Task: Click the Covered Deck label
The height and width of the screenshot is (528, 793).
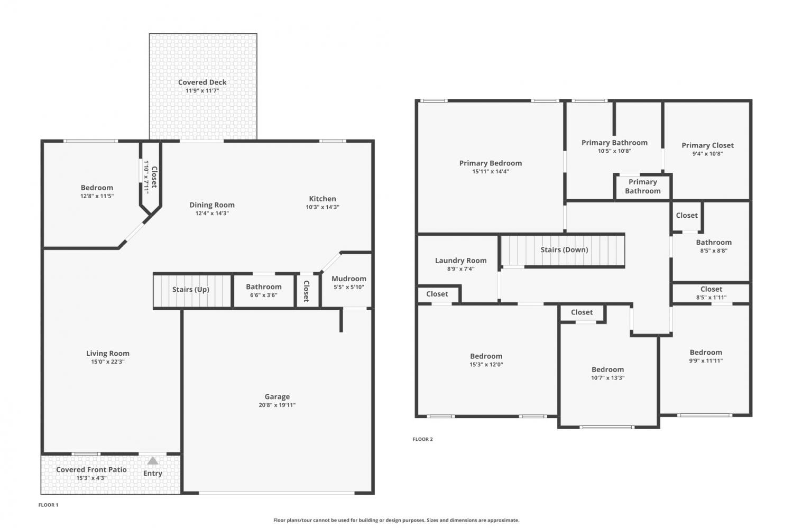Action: coord(202,82)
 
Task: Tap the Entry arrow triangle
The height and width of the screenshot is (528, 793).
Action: coord(153,460)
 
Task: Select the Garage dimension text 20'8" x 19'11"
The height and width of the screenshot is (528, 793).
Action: coord(277,405)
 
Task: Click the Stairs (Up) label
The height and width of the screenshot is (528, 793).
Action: coord(191,290)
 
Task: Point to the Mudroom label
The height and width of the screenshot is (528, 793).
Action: coord(349,279)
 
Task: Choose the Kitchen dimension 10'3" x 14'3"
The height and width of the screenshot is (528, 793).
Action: coord(322,207)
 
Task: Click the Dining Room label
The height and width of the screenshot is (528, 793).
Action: coord(212,205)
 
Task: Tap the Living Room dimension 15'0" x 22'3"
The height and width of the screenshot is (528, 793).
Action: coord(108,362)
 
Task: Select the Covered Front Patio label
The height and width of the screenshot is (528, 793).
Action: coord(91,470)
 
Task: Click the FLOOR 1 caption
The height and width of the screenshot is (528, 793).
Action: coord(48,505)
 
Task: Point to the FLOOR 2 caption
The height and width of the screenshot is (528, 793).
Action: coord(423,439)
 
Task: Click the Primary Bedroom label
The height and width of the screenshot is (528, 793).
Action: coord(490,163)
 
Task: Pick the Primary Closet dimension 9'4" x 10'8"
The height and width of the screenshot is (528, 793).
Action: coord(708,154)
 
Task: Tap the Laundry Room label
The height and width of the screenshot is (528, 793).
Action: coord(460,261)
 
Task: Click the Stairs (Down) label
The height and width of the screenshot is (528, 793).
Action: coord(564,250)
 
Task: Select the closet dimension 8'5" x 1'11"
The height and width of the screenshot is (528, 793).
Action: coord(711,298)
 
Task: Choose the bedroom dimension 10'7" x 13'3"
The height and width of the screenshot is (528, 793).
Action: coord(608,378)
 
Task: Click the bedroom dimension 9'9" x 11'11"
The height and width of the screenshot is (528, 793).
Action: coord(706,361)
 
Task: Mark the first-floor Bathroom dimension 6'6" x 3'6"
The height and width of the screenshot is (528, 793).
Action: coord(264,295)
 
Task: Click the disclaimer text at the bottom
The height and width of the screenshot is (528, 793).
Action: coord(396,520)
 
